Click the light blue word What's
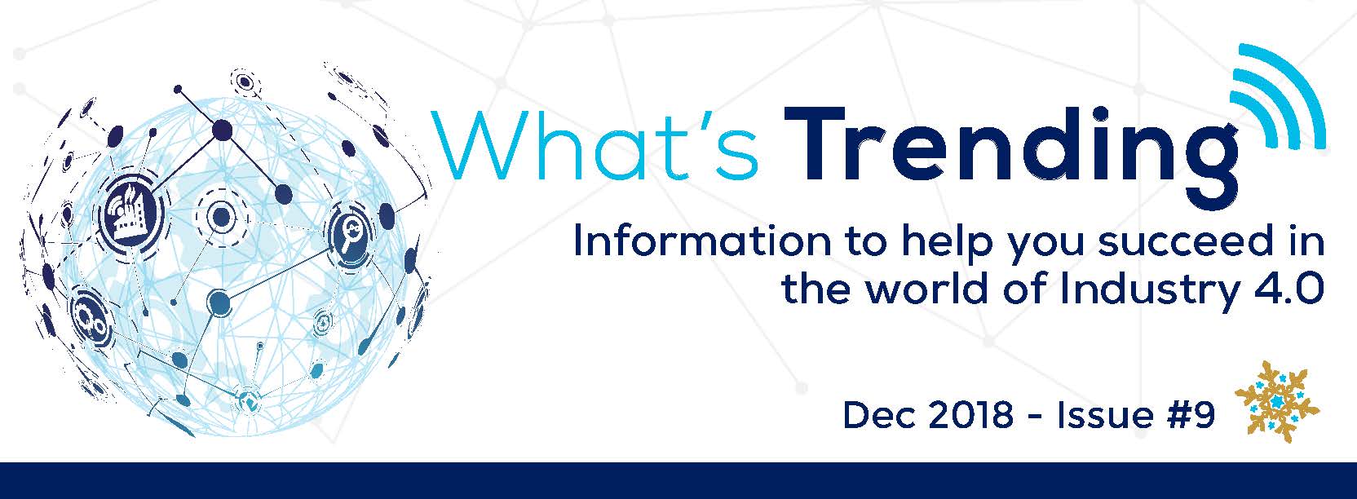tap(596, 145)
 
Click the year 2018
tap(970, 416)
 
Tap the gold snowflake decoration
tap(1277, 401)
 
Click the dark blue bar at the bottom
tap(678, 480)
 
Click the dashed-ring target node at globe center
tap(221, 216)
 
